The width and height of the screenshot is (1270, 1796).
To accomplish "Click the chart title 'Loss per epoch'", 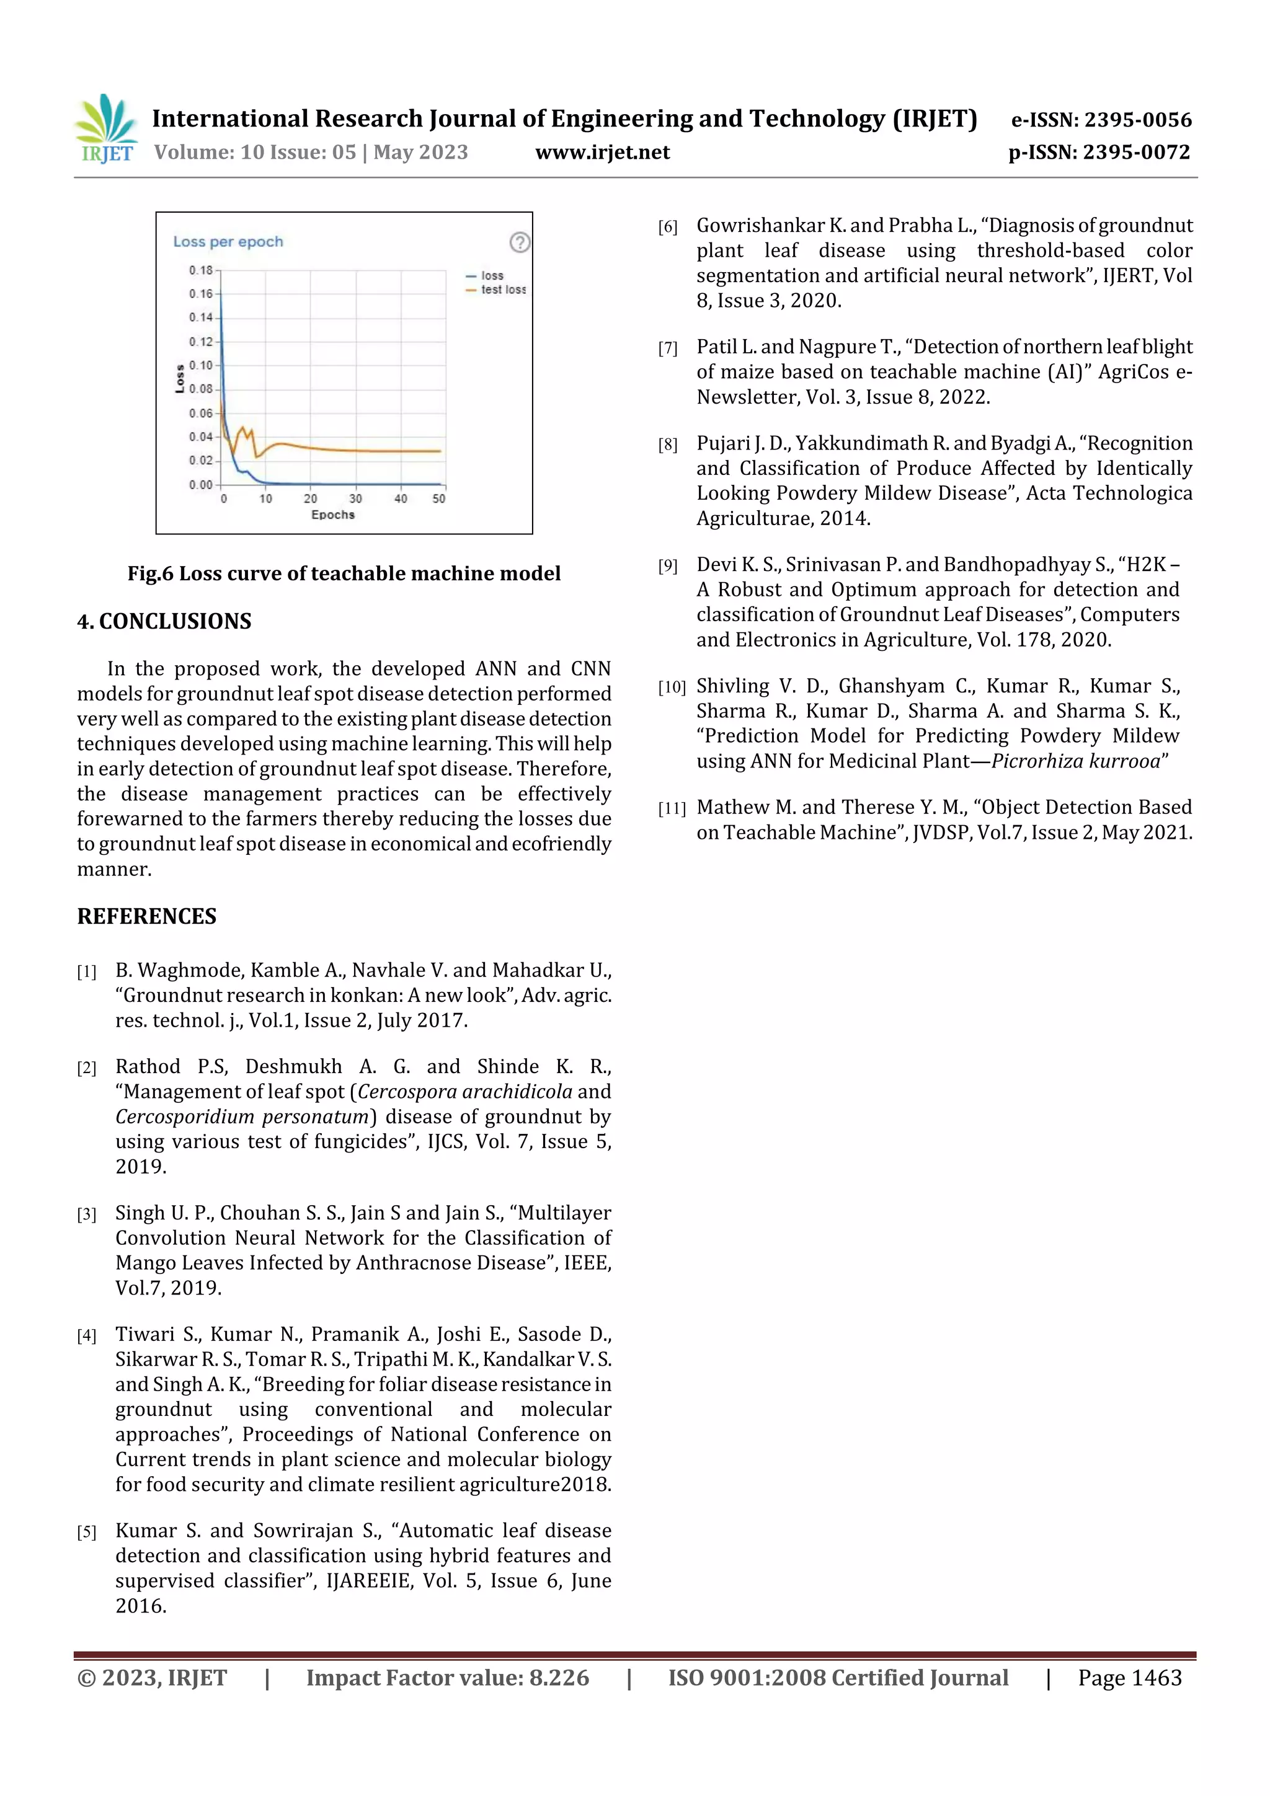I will click(228, 242).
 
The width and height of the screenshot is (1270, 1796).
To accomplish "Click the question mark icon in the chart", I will click(520, 242).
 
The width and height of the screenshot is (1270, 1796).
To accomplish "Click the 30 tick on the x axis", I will click(355, 498).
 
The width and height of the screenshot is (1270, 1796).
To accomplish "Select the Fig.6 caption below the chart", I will click(344, 573).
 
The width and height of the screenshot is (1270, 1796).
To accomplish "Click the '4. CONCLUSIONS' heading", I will click(164, 621).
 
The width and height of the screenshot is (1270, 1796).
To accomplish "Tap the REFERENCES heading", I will click(146, 916).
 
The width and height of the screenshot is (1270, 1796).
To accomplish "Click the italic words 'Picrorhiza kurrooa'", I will click(1076, 761).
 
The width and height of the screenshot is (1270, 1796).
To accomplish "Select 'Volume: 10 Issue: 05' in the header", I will click(255, 153).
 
